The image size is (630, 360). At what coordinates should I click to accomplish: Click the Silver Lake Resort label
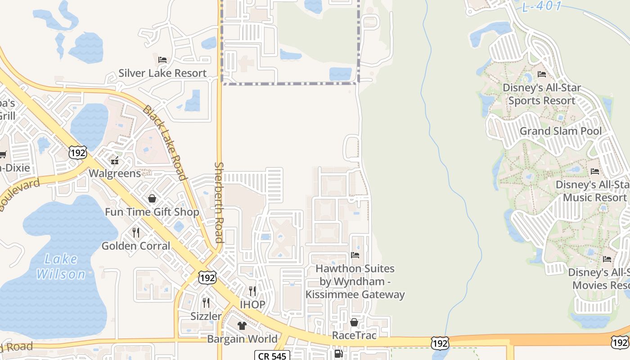(162, 73)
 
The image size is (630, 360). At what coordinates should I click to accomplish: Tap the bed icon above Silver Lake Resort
(162, 59)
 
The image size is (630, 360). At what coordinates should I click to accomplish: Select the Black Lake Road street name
(165, 143)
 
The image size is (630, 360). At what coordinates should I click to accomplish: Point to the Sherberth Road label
(219, 202)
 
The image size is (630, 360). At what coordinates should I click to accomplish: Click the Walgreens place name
(115, 173)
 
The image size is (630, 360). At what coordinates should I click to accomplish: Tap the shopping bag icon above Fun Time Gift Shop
(152, 198)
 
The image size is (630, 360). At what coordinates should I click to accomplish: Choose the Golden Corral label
(136, 246)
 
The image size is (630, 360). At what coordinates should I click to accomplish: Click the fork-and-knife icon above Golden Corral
(136, 232)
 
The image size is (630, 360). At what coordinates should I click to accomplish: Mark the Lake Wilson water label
(61, 266)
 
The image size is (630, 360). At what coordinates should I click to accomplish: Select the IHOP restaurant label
(252, 304)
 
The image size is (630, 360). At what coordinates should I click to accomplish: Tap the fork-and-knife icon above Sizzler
(206, 302)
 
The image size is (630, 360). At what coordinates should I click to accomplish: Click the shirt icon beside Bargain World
(242, 325)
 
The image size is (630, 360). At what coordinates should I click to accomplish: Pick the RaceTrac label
(354, 335)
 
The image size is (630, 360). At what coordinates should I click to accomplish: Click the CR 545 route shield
(271, 355)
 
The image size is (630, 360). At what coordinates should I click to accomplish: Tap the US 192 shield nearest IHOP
(207, 278)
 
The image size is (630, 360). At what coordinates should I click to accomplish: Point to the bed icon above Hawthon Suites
(355, 255)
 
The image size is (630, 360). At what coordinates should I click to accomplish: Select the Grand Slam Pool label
(560, 131)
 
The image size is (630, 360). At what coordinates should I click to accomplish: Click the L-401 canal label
(542, 6)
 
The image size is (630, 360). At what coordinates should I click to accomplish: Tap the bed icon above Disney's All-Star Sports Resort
(542, 74)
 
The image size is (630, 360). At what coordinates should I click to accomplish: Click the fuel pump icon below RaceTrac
(338, 354)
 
